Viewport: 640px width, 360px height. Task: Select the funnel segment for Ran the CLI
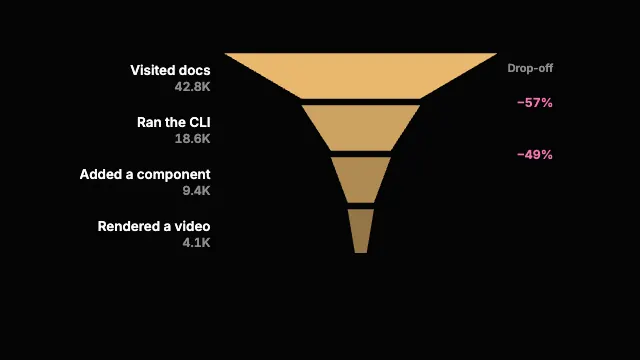361,128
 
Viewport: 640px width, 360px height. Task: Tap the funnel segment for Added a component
361,180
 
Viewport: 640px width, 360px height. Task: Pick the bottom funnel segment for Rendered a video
361,231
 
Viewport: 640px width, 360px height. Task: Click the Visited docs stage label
170,70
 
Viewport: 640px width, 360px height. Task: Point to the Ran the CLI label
173,122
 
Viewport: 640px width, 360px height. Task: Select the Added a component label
145,174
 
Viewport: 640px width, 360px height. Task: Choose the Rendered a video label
154,226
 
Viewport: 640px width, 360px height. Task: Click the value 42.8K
192,87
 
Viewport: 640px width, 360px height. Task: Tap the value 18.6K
192,139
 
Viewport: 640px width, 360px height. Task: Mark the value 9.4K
196,191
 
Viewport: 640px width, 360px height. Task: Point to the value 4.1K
196,243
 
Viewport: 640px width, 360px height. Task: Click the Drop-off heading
530,68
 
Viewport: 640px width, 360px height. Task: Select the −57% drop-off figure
535,102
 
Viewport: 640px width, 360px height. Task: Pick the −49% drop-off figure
535,155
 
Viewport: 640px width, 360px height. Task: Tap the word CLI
200,122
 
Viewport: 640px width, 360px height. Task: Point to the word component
173,175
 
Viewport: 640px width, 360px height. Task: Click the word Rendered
128,226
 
